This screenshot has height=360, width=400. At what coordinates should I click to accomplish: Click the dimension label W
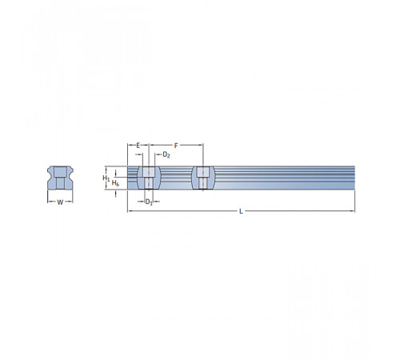click(x=60, y=202)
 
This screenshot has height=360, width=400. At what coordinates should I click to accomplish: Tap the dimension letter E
click(x=138, y=146)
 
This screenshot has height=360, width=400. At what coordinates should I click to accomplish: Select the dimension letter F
click(x=176, y=146)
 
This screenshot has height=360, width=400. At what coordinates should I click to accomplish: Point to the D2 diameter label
click(x=166, y=155)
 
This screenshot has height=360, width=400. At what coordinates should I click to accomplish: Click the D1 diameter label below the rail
click(x=149, y=202)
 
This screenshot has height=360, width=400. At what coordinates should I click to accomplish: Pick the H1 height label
click(x=106, y=178)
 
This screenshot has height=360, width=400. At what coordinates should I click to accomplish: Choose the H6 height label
click(x=115, y=183)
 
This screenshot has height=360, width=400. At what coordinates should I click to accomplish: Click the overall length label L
click(x=241, y=211)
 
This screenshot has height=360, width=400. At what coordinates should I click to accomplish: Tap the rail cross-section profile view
click(x=60, y=178)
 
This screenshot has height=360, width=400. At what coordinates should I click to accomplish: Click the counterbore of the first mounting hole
click(x=149, y=172)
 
